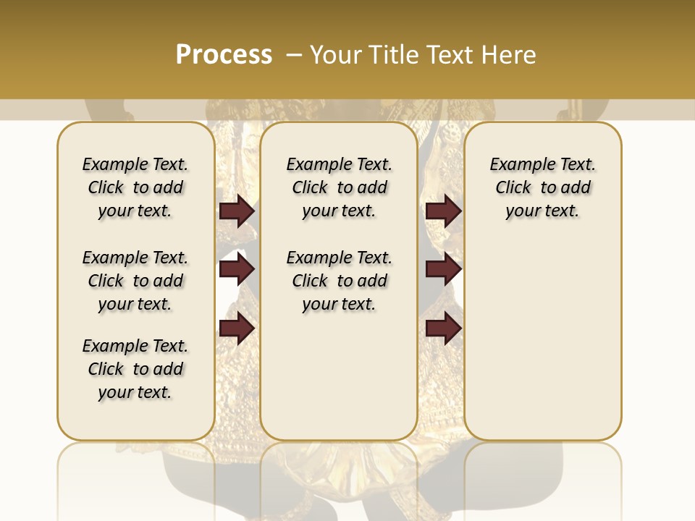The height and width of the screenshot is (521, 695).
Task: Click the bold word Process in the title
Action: click(x=224, y=55)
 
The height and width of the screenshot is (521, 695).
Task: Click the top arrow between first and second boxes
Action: click(x=237, y=211)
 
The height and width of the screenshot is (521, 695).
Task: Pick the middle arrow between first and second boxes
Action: click(x=237, y=270)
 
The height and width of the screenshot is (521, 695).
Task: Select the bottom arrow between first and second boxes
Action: click(x=237, y=329)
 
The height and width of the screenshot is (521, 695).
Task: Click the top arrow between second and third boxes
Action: click(x=444, y=211)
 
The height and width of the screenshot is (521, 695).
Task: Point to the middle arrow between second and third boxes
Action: click(x=444, y=270)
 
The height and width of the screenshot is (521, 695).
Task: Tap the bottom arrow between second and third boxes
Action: click(x=444, y=329)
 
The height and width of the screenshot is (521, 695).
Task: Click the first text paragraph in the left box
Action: click(x=135, y=187)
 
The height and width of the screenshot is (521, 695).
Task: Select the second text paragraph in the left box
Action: click(x=135, y=281)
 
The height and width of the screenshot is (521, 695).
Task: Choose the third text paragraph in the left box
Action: click(x=135, y=369)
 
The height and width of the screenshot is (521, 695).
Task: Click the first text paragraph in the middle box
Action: click(x=339, y=187)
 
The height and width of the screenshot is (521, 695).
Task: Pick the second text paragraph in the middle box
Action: click(x=339, y=281)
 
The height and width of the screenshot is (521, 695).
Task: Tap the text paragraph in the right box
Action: click(x=542, y=187)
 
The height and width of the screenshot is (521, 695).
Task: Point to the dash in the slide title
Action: click(x=295, y=55)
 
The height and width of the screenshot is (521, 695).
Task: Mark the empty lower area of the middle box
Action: click(x=339, y=376)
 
